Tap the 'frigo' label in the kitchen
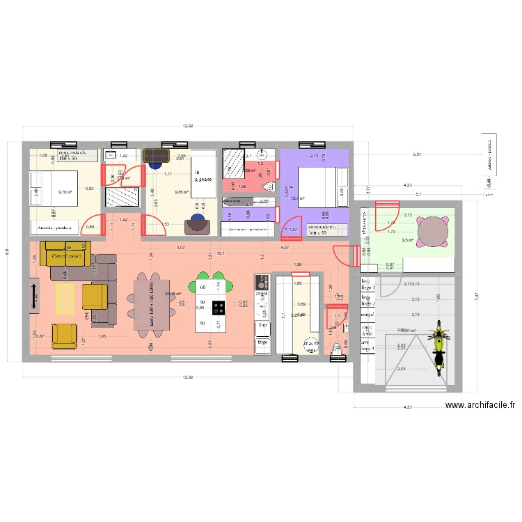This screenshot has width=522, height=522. click(262, 342)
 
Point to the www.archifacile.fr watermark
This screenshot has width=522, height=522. click(480, 405)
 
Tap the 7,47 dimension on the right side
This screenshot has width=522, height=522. click(477, 295)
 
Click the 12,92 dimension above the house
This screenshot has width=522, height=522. click(188, 127)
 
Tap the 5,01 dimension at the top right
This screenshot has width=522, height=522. click(416, 155)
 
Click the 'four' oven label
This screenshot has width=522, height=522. click(262, 324)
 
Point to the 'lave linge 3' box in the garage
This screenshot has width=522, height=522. click(367, 345)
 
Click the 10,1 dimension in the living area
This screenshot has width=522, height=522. click(221, 253)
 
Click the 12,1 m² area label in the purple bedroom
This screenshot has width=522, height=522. click(299, 198)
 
